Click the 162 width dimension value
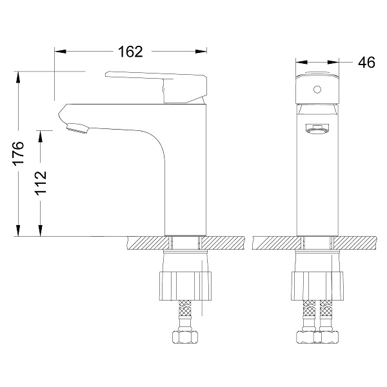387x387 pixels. click(x=130, y=52)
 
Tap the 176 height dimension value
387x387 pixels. click(x=19, y=153)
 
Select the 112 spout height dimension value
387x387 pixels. click(x=41, y=183)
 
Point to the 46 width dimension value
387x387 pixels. click(x=366, y=62)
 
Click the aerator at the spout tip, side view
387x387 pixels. click(x=77, y=128)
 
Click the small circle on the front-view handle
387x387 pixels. click(x=317, y=89)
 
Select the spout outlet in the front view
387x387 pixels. click(x=317, y=129)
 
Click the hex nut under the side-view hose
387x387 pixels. click(x=185, y=337)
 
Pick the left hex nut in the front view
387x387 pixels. click(x=306, y=337)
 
